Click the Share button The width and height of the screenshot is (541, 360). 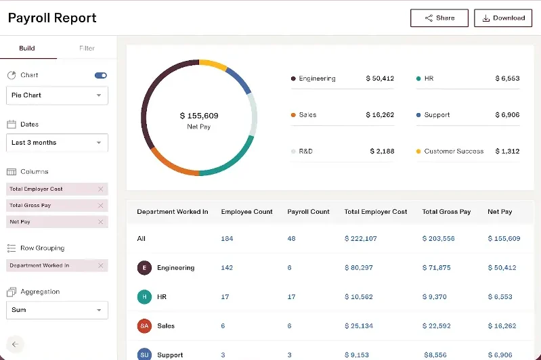(439, 18)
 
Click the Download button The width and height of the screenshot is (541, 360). (502, 18)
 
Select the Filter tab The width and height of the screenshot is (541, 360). (87, 49)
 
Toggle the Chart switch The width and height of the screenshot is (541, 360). (101, 75)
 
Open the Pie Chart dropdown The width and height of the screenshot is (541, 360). (57, 95)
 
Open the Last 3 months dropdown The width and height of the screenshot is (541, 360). (57, 143)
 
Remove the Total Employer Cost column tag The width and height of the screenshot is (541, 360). (101, 189)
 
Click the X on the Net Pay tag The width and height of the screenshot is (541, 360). (101, 222)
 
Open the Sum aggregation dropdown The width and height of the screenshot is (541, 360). (57, 310)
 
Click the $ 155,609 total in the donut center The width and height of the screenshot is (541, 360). (199, 116)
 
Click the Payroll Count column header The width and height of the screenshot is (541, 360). (308, 212)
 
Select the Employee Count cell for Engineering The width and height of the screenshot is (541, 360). (227, 268)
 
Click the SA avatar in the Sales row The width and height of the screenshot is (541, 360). (144, 326)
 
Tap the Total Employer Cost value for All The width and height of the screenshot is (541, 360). (360, 239)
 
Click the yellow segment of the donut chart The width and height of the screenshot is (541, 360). (213, 65)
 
